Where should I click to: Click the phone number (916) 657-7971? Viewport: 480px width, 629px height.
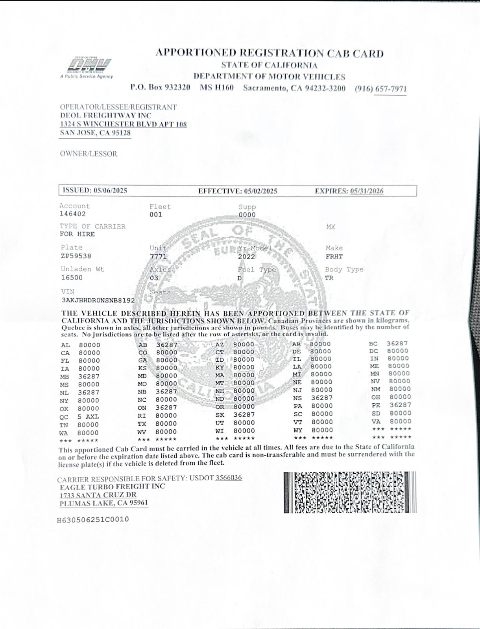pyautogui.click(x=380, y=89)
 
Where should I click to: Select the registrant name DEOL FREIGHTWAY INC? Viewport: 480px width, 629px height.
pyautogui.click(x=105, y=116)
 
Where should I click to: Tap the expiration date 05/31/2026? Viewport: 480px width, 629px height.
pyautogui.click(x=367, y=191)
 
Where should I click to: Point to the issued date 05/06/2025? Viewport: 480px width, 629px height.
pyautogui.click(x=110, y=191)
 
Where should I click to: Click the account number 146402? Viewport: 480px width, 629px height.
pyautogui.click(x=72, y=214)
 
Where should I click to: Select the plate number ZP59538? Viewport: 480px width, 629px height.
pyautogui.click(x=76, y=256)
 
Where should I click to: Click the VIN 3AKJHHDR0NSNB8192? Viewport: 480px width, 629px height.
pyautogui.click(x=98, y=300)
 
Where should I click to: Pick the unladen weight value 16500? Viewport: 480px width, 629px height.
pyautogui.click(x=72, y=278)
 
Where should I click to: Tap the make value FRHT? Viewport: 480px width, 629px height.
pyautogui.click(x=334, y=257)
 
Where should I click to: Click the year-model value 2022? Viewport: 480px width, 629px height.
pyautogui.click(x=246, y=257)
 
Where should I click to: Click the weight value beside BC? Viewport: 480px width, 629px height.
pyautogui.click(x=397, y=344)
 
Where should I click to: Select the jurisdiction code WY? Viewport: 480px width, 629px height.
pyautogui.click(x=298, y=430)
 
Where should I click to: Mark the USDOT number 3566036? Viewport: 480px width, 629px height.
pyautogui.click(x=229, y=478)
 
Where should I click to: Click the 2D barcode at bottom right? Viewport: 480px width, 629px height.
pyautogui.click(x=349, y=492)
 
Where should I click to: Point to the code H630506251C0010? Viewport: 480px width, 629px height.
pyautogui.click(x=93, y=520)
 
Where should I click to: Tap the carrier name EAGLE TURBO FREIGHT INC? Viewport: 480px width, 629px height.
pyautogui.click(x=112, y=487)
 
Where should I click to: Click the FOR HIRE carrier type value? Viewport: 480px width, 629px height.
pyautogui.click(x=77, y=234)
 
